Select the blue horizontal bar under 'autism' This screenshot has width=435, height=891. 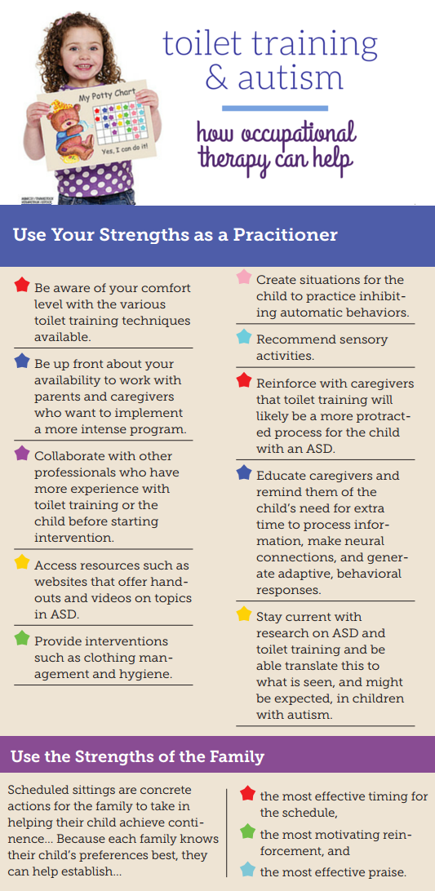click(x=275, y=108)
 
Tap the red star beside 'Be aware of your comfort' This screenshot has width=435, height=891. click(x=22, y=284)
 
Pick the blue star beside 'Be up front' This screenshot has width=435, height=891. click(x=22, y=361)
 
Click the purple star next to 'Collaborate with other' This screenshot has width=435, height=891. click(x=22, y=453)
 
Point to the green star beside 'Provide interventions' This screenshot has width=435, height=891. click(x=22, y=638)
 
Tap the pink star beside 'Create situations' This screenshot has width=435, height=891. click(x=244, y=277)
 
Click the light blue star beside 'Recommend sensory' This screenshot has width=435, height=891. click(x=244, y=337)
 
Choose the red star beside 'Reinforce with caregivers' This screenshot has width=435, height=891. click(x=244, y=380)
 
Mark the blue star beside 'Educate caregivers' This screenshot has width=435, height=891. click(x=244, y=472)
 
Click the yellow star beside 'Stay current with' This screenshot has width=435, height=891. click(x=244, y=614)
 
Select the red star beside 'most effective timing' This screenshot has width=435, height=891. click(x=247, y=793)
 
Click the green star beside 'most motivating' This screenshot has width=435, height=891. click(x=247, y=832)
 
